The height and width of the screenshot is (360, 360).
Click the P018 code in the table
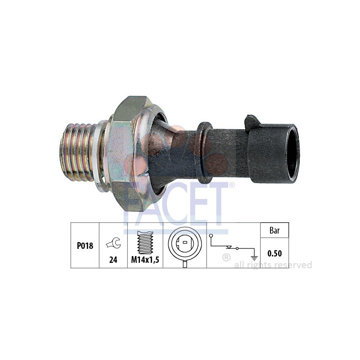pos(85,246)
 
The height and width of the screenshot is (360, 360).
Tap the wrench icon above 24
pos(113,244)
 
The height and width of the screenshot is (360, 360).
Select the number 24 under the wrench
pos(113,260)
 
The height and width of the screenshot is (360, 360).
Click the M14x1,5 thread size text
pos(145,260)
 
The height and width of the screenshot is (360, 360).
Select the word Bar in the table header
pos(274,230)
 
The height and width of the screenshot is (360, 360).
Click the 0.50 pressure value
pos(274,253)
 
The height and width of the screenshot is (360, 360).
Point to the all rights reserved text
pos(273,265)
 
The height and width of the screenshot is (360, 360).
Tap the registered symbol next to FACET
pos(232,184)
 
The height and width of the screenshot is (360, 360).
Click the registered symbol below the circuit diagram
pos(226,257)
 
